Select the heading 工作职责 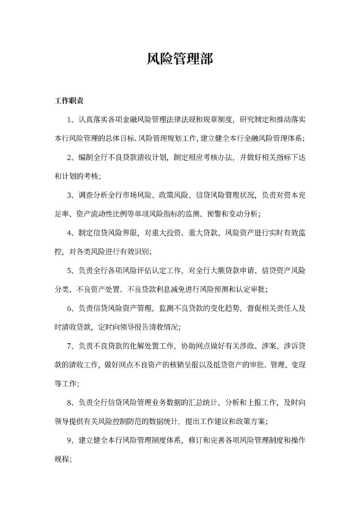click(71, 102)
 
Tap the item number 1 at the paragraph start click(69, 120)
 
